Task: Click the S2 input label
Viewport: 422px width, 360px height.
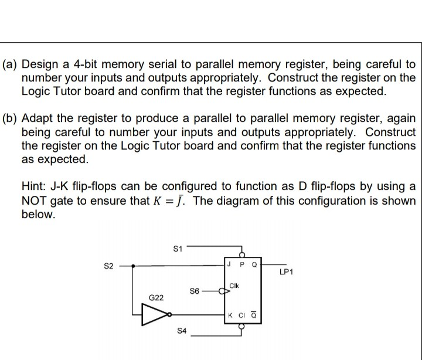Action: (x=108, y=267)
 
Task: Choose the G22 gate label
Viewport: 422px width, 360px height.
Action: (x=155, y=298)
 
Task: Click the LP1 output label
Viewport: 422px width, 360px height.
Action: (x=287, y=273)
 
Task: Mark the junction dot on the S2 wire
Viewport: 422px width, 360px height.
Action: (x=135, y=266)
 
